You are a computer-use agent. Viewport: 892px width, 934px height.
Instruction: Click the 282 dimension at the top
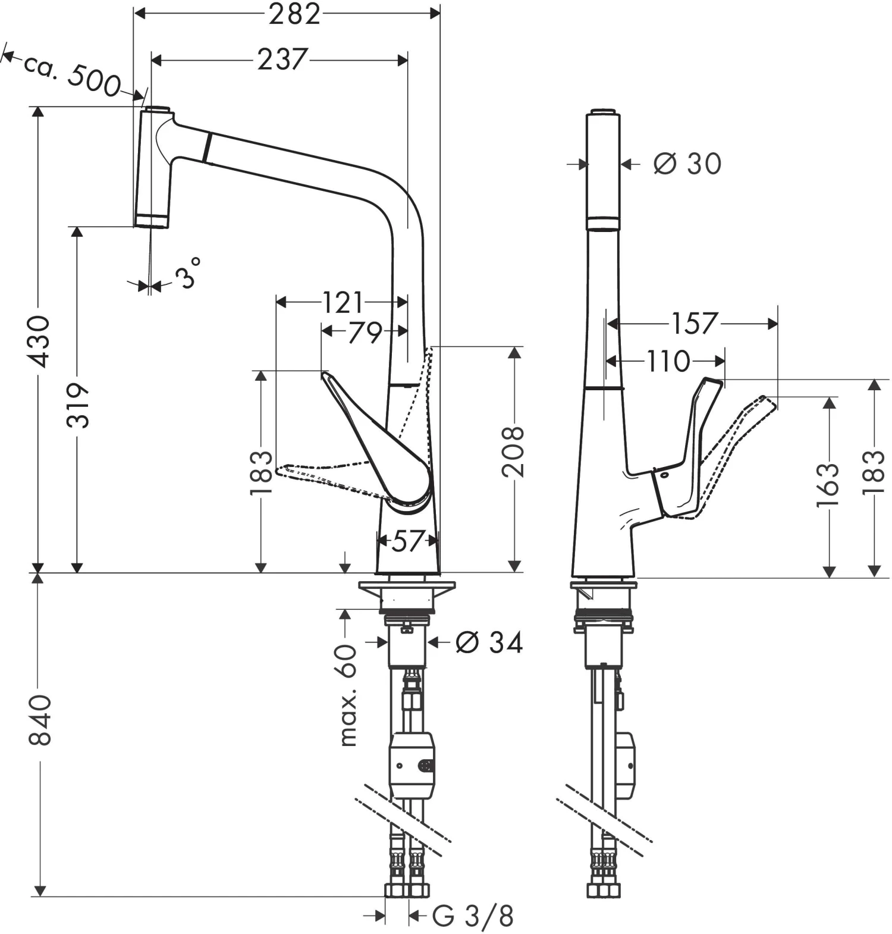(294, 14)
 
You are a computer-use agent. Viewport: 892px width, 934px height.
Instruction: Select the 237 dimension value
(282, 59)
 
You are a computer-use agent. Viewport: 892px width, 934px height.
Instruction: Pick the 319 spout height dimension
(77, 406)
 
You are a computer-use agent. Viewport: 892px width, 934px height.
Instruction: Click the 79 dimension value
(365, 331)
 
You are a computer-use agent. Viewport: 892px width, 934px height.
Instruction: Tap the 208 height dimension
(513, 450)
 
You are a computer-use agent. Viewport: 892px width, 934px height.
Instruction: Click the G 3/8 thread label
(473, 916)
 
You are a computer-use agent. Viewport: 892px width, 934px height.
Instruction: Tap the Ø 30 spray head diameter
(687, 164)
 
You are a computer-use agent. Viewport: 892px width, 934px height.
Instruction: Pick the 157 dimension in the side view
(694, 324)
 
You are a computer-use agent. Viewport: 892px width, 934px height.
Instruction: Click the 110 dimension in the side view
(668, 361)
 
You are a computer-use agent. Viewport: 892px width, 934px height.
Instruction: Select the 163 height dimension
(828, 485)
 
